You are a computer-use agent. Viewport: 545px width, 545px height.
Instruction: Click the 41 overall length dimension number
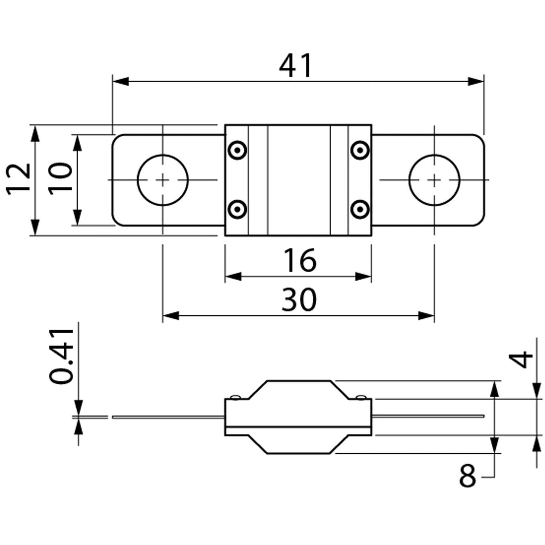296,66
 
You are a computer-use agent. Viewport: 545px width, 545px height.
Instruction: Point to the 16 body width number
300,260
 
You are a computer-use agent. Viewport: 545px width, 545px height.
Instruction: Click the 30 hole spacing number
299,300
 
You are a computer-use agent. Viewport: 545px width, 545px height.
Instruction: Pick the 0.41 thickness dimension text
61,356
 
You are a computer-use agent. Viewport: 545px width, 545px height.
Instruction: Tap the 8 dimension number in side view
468,476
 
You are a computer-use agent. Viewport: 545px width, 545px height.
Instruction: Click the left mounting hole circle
163,180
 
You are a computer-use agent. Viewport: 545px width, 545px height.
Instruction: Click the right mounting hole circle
434,180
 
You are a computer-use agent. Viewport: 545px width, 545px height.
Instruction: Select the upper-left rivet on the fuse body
238,150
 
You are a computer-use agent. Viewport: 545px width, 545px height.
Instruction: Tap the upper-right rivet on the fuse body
360,150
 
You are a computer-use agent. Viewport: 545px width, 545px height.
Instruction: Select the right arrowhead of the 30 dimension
427,316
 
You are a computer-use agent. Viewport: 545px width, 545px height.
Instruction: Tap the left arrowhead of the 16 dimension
233,276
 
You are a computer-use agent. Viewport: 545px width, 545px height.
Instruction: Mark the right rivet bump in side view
361,397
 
